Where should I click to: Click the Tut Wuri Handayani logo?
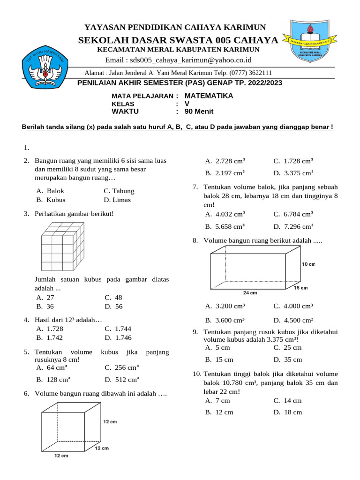(45, 68)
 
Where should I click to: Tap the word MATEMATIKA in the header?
(209, 96)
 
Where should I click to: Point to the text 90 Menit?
(199, 112)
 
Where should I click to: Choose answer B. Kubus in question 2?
(51, 200)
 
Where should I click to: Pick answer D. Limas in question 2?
(118, 200)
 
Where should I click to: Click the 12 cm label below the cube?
(61, 456)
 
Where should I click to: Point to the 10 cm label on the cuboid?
(308, 264)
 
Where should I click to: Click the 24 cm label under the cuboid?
(250, 293)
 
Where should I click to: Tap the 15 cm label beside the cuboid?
(300, 287)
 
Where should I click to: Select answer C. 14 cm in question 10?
(287, 401)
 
